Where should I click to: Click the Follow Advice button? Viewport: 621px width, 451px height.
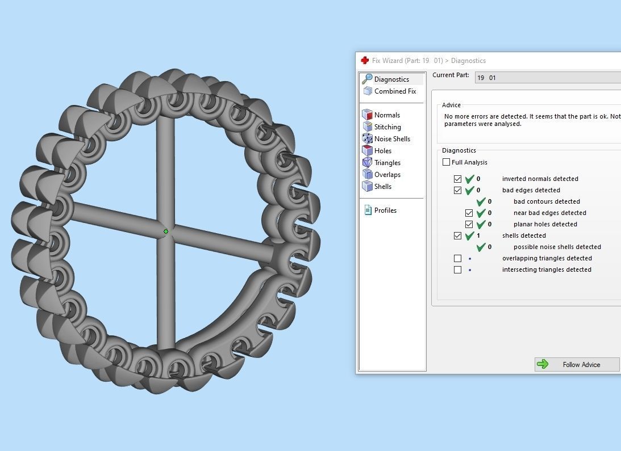(577, 364)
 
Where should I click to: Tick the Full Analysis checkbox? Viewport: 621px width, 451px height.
(447, 162)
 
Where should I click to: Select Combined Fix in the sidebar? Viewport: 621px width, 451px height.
(395, 91)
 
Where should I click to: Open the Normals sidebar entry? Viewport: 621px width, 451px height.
(387, 115)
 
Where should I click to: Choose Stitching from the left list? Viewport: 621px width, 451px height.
(387, 127)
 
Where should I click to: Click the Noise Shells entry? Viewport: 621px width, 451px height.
(392, 139)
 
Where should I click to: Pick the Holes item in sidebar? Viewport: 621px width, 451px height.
(382, 151)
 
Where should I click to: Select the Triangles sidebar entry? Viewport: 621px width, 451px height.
(387, 163)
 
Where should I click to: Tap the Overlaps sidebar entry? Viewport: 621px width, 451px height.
(387, 175)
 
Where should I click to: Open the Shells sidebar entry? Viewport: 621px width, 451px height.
(382, 187)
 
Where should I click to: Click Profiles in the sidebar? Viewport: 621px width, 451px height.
(385, 210)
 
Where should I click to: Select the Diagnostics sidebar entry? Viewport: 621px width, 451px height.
(391, 79)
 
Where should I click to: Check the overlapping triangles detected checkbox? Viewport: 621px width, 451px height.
(458, 258)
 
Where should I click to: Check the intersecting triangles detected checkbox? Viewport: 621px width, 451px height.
(458, 269)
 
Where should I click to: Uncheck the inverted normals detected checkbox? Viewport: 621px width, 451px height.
(458, 179)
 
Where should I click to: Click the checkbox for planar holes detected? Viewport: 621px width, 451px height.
(469, 224)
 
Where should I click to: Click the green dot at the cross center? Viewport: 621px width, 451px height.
(166, 231)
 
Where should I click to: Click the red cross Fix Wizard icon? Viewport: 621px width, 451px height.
(365, 60)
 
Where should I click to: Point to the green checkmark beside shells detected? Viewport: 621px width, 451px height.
(470, 235)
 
